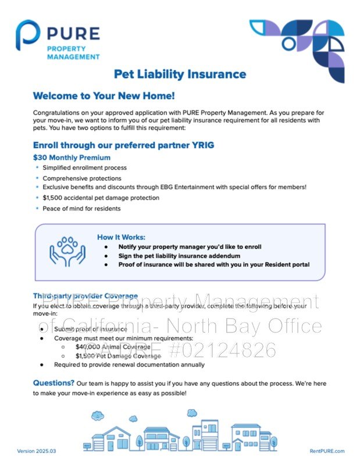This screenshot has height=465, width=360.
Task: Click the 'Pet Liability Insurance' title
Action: click(x=180, y=74)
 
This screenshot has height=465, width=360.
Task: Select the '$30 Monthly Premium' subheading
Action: click(x=72, y=158)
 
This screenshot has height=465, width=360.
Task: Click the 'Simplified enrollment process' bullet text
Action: click(x=84, y=167)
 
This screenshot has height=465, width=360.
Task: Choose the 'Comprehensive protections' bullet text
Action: click(x=82, y=178)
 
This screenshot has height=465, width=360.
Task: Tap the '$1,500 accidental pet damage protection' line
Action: click(x=101, y=198)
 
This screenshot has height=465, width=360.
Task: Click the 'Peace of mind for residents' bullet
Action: click(x=81, y=208)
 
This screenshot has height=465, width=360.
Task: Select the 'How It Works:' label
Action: click(x=121, y=237)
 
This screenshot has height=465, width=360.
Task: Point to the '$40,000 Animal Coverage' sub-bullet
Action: click(x=111, y=347)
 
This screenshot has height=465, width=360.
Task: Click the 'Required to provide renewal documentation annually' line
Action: click(x=129, y=364)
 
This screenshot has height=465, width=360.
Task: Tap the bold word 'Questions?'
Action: click(x=54, y=383)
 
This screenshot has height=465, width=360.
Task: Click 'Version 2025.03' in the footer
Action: click(x=37, y=451)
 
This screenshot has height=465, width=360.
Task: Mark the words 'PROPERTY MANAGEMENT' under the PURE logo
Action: click(x=73, y=52)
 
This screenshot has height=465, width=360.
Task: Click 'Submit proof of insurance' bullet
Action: click(x=90, y=329)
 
